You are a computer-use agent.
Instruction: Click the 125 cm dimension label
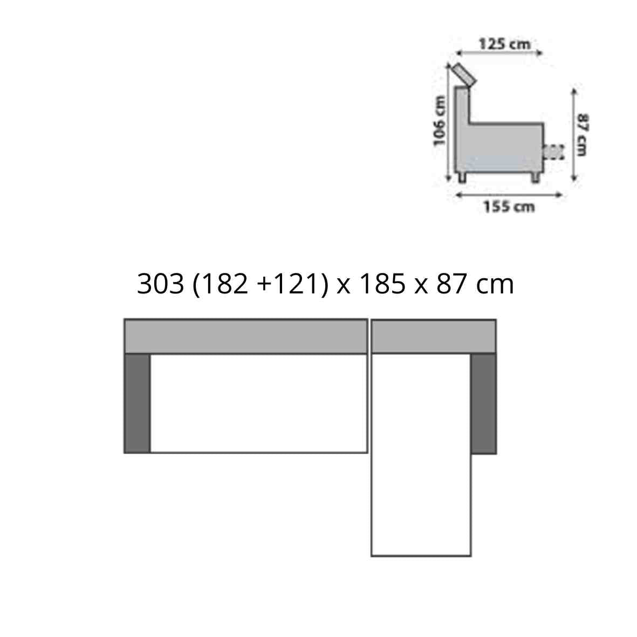tap(504, 44)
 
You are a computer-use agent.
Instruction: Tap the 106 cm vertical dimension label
tap(439, 121)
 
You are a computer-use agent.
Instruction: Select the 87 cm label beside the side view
tap(582, 134)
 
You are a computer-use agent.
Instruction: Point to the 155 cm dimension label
tap(509, 207)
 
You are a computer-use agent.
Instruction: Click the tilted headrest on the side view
tap(464, 75)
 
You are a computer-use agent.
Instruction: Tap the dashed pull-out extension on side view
tap(554, 152)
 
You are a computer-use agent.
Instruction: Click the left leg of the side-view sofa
tap(462, 177)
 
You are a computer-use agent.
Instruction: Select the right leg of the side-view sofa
tap(536, 177)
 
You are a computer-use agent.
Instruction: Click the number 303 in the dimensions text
tap(161, 283)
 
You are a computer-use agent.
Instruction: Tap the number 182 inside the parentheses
tap(224, 283)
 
